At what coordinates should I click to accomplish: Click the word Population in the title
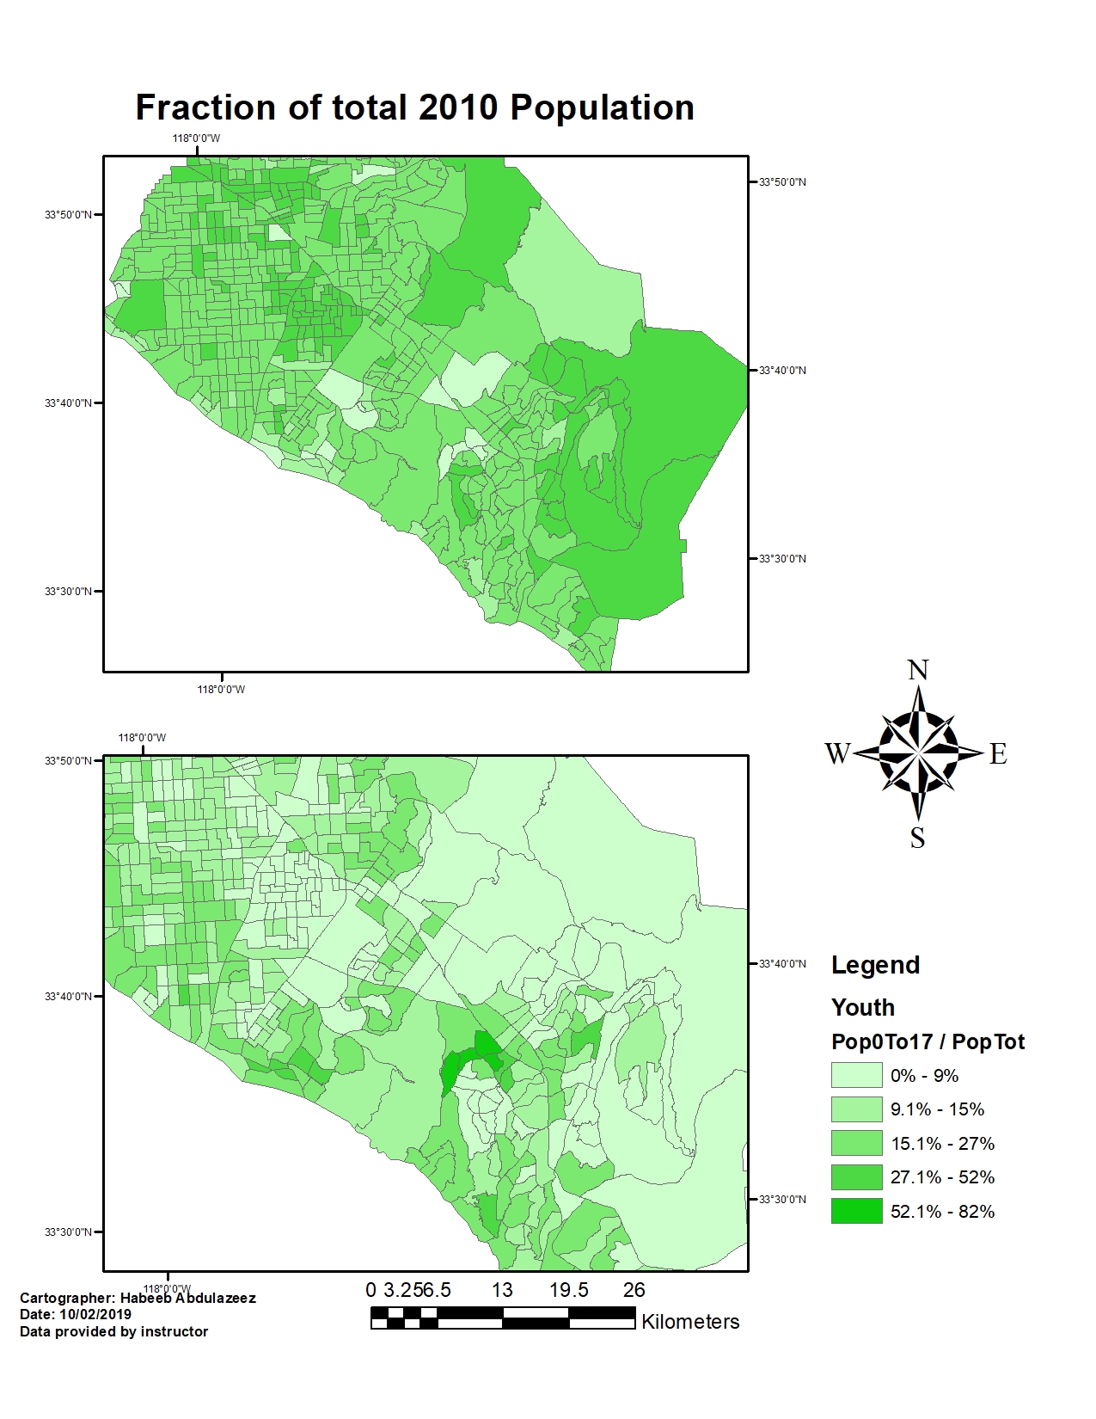pyautogui.click(x=602, y=108)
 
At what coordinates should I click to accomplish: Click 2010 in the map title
pyautogui.click(x=458, y=108)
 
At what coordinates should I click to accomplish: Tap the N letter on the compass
pyautogui.click(x=918, y=670)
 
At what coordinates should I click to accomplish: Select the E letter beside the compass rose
pyautogui.click(x=997, y=754)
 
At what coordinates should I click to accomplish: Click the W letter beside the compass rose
pyautogui.click(x=837, y=754)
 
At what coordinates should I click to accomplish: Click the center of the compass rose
pyautogui.click(x=918, y=752)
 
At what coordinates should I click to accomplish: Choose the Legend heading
pyautogui.click(x=875, y=965)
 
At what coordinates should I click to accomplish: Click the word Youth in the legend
pyautogui.click(x=862, y=1007)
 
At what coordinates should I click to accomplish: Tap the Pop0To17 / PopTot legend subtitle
pyautogui.click(x=928, y=1041)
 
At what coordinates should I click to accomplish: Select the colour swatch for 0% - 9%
pyautogui.click(x=856, y=1075)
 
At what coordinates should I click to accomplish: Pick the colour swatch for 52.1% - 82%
pyautogui.click(x=856, y=1211)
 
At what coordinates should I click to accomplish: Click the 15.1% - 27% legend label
pyautogui.click(x=942, y=1144)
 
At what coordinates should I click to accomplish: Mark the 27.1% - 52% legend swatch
pyautogui.click(x=856, y=1177)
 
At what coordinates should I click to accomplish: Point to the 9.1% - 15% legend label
pyautogui.click(x=937, y=1109)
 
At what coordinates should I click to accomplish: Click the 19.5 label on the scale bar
pyautogui.click(x=568, y=1290)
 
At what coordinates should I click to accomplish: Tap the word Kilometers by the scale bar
pyautogui.click(x=690, y=1322)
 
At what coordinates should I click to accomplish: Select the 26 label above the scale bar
pyautogui.click(x=634, y=1290)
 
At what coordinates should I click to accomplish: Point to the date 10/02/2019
pyautogui.click(x=95, y=1315)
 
